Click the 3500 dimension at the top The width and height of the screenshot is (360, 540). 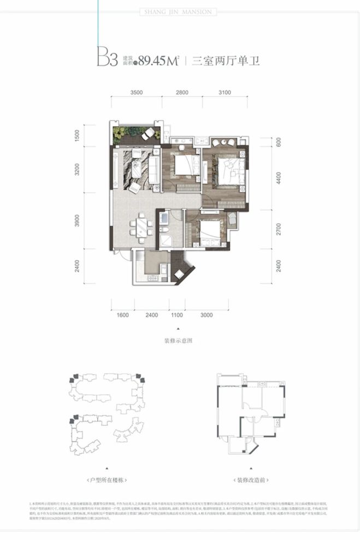[137, 93]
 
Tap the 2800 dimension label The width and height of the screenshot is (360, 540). [182, 93]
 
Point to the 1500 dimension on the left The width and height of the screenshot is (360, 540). [78, 135]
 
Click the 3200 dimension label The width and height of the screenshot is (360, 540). [78, 169]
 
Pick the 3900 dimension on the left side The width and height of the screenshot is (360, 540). [78, 221]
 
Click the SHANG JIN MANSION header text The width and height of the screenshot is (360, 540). [180, 11]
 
